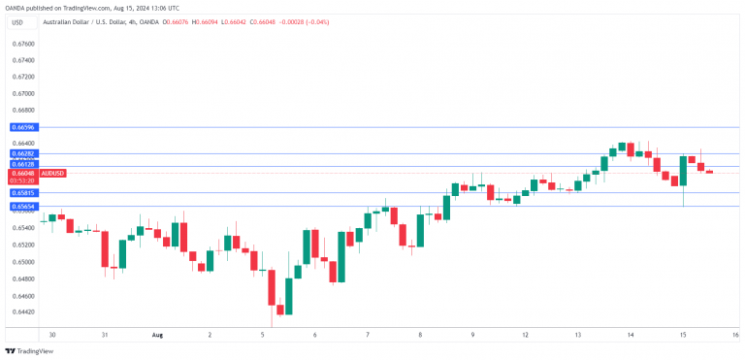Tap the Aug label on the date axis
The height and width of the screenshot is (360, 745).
[157, 334]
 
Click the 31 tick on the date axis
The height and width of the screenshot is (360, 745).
[104, 334]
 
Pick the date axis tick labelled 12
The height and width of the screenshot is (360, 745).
[525, 334]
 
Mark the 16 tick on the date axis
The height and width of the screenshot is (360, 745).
[735, 334]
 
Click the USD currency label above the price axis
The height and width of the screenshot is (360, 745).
[17, 21]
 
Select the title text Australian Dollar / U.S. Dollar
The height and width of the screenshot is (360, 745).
[97, 21]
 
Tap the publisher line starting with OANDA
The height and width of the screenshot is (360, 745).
[91, 7]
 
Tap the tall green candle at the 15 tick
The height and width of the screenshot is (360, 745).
[684, 171]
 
